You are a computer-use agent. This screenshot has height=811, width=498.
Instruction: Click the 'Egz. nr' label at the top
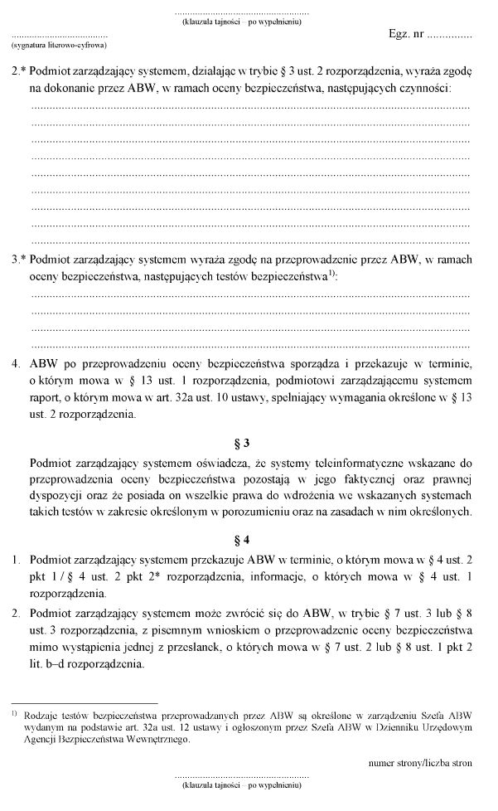406,37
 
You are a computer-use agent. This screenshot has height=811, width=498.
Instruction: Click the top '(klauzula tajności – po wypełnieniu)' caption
241,22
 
